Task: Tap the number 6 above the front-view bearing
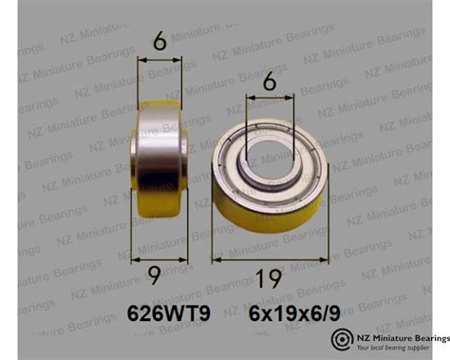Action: coord(271,85)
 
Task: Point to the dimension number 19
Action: coord(271,277)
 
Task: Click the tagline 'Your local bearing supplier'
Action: coord(398,349)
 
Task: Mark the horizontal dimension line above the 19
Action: coord(271,256)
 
